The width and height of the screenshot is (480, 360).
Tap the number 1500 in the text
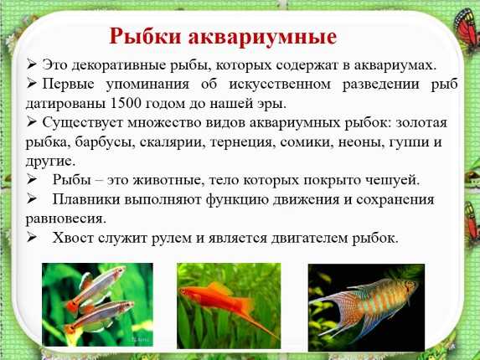[125, 103]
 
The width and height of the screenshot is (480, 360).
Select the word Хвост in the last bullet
[73, 238]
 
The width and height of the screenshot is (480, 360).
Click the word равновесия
[66, 219]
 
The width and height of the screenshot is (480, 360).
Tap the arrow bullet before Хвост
[32, 238]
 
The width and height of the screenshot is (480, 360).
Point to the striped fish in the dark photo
[364, 306]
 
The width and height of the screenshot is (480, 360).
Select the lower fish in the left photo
[99, 316]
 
